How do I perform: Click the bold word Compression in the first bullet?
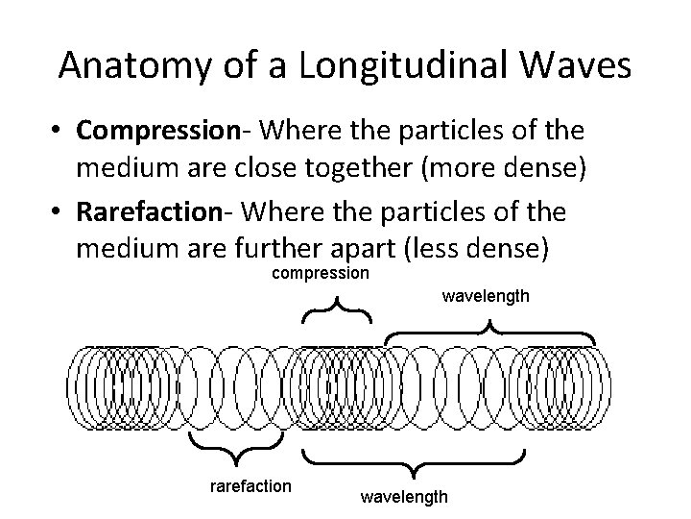pyautogui.click(x=157, y=130)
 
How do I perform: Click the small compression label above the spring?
pyautogui.click(x=321, y=274)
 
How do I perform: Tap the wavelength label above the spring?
pyautogui.click(x=485, y=296)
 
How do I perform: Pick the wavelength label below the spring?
pyautogui.click(x=403, y=496)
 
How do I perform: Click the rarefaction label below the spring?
pyautogui.click(x=250, y=485)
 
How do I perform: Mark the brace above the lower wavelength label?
pyautogui.click(x=414, y=460)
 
